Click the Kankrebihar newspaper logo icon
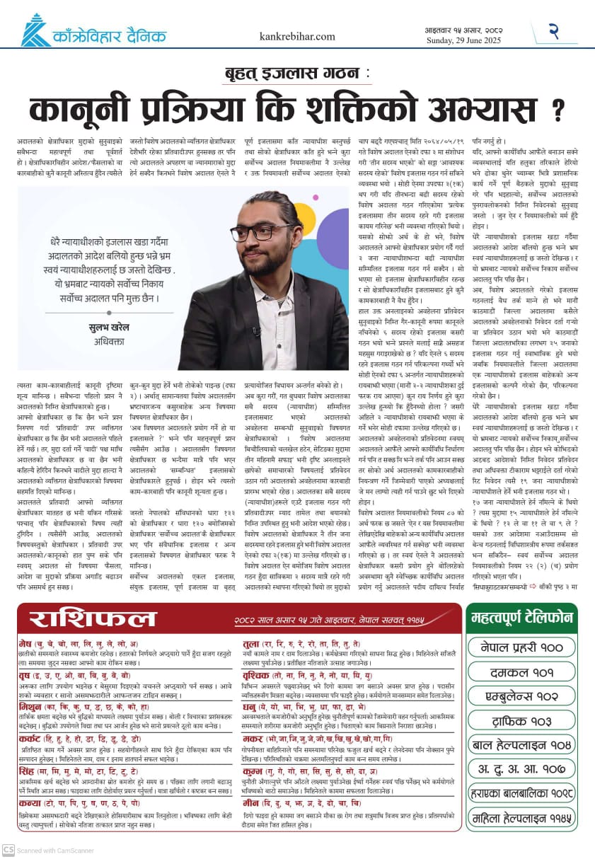click(x=33, y=31)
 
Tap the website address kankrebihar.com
click(x=297, y=36)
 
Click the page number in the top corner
click(x=555, y=31)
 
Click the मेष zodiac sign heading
click(x=28, y=644)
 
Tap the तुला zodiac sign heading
click(x=250, y=644)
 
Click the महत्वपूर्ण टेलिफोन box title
click(x=521, y=618)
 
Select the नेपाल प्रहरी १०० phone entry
click(x=521, y=647)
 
